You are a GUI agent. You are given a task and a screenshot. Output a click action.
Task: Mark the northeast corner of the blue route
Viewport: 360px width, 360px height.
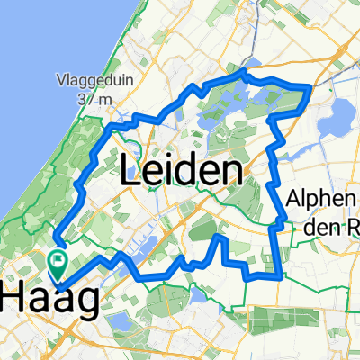(310, 85)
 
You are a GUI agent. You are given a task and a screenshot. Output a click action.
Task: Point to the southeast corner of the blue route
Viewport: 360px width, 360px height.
(280, 274)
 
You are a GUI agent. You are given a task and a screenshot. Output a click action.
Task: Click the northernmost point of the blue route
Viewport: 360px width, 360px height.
(245, 70)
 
